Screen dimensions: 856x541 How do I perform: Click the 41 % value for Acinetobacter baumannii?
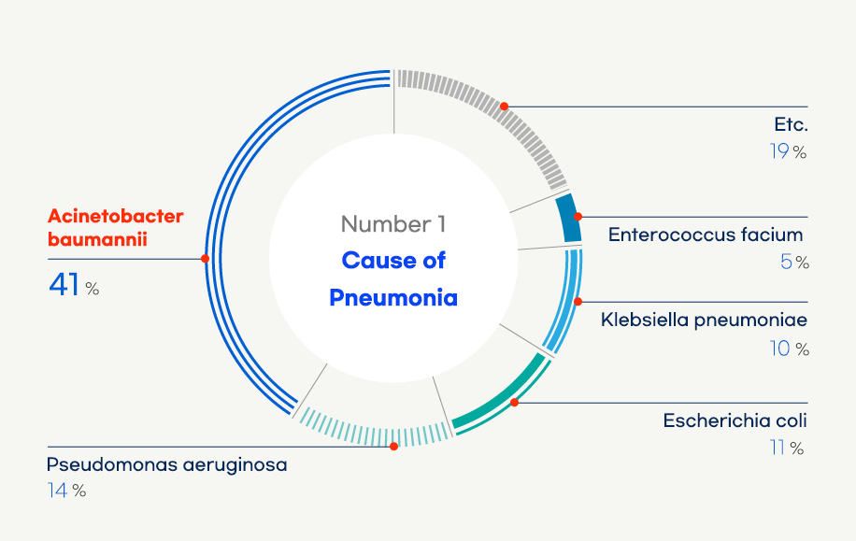click(74, 285)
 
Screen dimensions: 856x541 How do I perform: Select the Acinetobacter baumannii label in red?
click(115, 228)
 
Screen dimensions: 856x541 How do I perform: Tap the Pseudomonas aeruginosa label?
click(166, 465)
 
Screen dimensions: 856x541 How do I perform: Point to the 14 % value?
click(66, 491)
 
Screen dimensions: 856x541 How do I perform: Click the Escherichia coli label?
click(735, 420)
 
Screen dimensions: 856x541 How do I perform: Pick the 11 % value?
click(787, 448)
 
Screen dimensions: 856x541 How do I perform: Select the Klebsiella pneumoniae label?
click(704, 320)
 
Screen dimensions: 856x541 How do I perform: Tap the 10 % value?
click(790, 349)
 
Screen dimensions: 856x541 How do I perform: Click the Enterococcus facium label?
click(706, 235)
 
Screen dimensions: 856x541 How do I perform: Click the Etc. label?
click(791, 124)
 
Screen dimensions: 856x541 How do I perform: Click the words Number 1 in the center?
click(393, 224)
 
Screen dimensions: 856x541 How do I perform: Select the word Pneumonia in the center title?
click(393, 297)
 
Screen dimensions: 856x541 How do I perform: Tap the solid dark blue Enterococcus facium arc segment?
click(570, 218)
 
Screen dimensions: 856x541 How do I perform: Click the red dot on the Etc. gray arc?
click(505, 107)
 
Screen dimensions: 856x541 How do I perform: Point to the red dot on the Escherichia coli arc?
click(514, 403)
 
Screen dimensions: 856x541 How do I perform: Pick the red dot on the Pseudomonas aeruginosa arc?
click(393, 447)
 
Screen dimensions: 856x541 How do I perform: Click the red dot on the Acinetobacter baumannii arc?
click(205, 259)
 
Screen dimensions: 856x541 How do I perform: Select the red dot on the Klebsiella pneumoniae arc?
click(578, 302)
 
